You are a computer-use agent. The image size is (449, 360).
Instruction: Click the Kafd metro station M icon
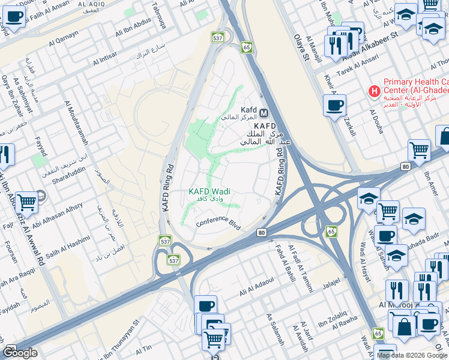pos(264,111)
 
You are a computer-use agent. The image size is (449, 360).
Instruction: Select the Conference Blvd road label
pos(218,223)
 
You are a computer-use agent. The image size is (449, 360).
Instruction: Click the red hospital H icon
pos(375,92)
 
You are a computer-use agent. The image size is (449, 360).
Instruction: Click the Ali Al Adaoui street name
pos(256,286)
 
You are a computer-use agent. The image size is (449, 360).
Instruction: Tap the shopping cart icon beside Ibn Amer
pos(419,150)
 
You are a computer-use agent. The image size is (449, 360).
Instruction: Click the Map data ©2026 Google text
pos(412,355)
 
